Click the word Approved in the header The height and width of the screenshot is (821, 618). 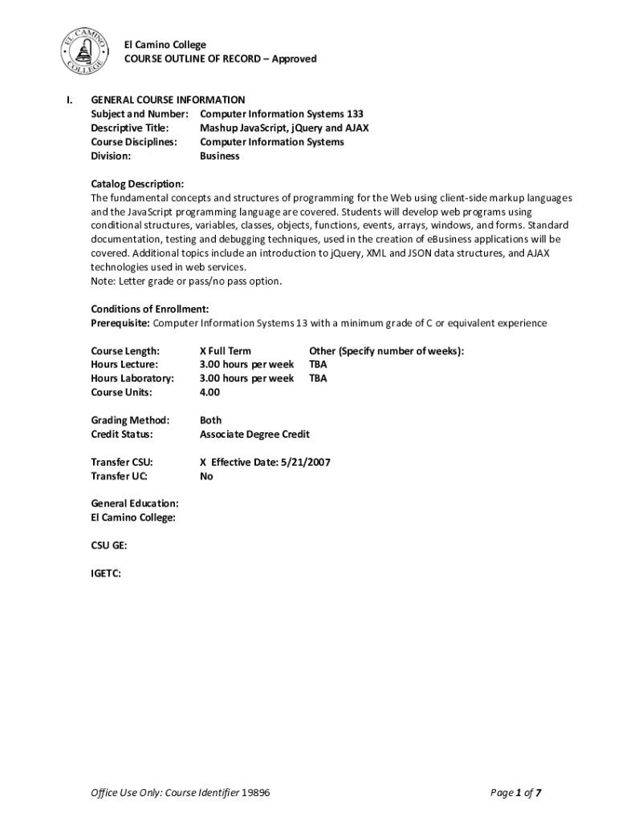[295, 59]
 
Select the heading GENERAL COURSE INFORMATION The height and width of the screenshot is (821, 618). [168, 99]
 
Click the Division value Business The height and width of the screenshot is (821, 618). [219, 156]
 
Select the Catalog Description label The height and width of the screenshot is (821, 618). [137, 184]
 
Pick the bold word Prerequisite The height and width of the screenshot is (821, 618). [120, 323]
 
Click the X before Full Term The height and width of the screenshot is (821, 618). [203, 350]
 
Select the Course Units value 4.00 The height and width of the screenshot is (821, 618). [209, 392]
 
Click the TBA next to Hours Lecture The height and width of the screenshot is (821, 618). [318, 364]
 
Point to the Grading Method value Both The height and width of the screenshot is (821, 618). [210, 420]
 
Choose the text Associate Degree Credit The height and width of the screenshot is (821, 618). [254, 434]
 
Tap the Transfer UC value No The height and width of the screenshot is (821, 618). [206, 476]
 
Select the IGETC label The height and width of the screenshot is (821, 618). [106, 573]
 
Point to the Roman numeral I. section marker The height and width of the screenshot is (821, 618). [70, 99]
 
